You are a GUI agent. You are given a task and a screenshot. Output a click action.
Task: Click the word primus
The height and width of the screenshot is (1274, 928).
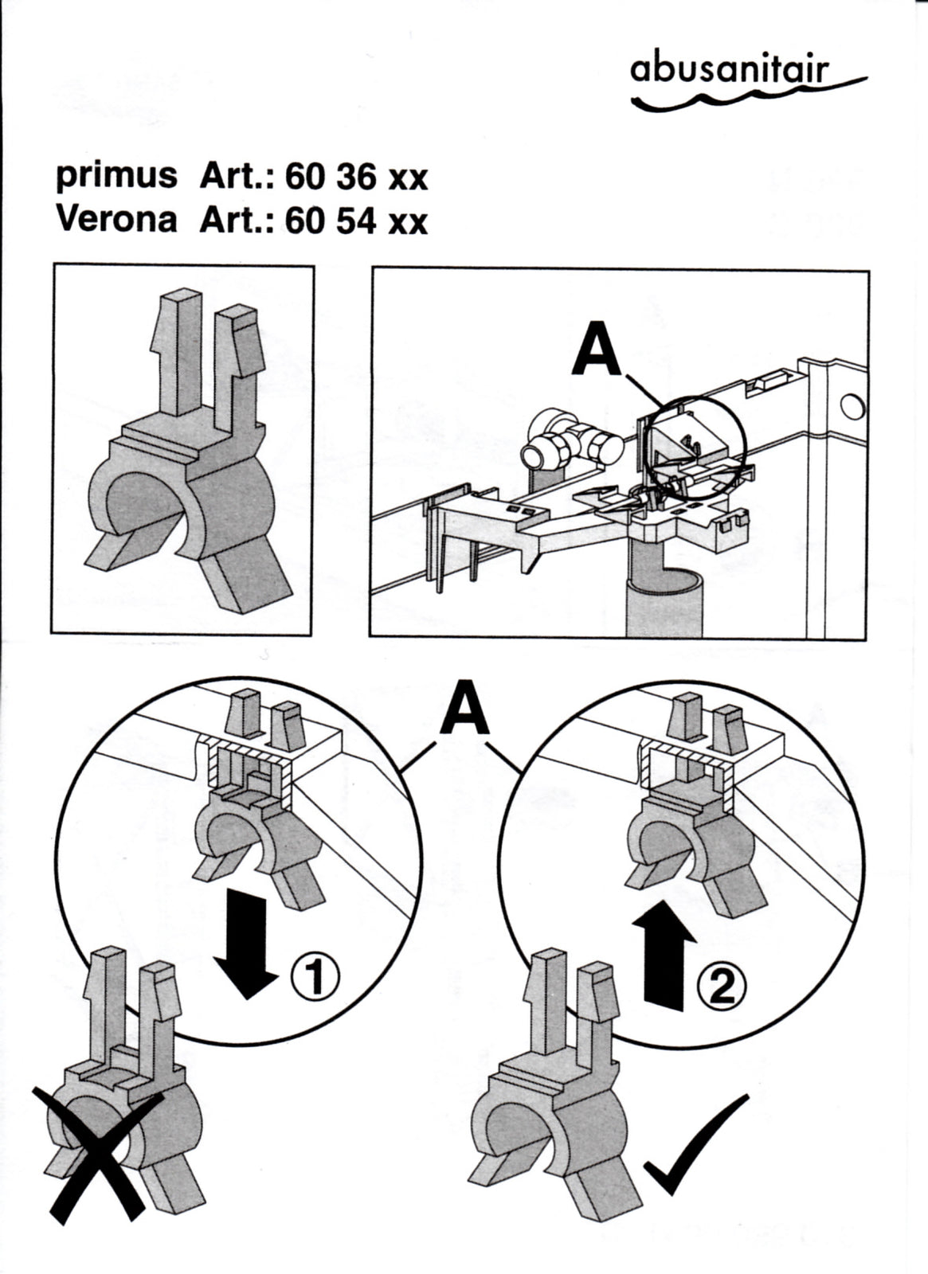(116, 177)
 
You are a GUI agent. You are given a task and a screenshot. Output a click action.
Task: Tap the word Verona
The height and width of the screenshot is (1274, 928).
(116, 220)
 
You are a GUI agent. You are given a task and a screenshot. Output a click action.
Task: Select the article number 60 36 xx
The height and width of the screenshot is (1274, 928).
(356, 178)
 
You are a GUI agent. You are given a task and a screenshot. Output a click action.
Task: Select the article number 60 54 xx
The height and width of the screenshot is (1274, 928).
(356, 221)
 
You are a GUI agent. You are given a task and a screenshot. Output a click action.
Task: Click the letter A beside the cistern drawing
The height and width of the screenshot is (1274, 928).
(595, 351)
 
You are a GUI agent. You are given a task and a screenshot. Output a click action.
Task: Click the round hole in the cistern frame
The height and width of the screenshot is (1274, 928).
(852, 408)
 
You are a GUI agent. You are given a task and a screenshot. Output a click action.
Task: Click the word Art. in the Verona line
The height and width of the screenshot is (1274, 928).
(237, 221)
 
